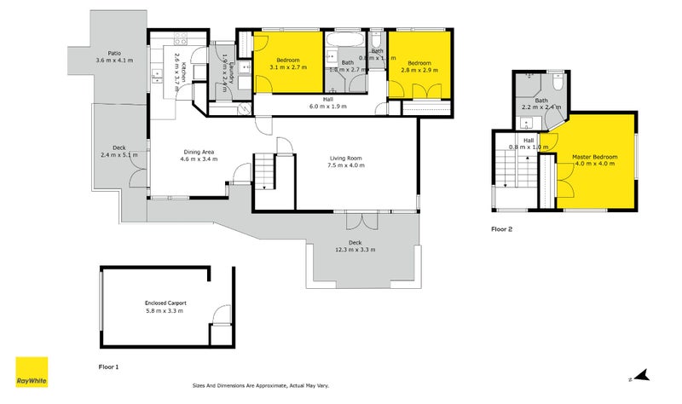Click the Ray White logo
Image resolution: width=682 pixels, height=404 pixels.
(32, 372)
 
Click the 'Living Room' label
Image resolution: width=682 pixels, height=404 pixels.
(346, 158)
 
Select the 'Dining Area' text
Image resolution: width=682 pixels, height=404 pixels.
(197, 152)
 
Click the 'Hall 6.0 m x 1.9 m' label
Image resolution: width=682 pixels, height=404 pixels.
(327, 102)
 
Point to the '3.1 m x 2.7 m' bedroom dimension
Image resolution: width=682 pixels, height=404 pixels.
(287, 67)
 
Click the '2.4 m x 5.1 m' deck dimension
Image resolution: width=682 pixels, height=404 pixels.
(115, 154)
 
